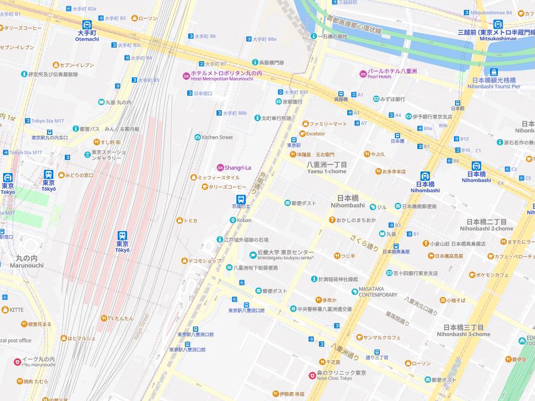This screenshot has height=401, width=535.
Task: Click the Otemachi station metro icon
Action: pyautogui.click(x=87, y=25)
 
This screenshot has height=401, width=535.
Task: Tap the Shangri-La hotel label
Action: pyautogui.click(x=237, y=167)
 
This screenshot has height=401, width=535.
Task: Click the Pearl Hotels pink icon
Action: pyautogui.click(x=363, y=73)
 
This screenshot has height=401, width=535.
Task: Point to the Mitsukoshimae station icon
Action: pyautogui.click(x=497, y=25)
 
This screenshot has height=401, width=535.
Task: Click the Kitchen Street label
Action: pyautogui.click(x=217, y=138)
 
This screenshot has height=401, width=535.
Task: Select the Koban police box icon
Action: pyautogui.click(x=233, y=220)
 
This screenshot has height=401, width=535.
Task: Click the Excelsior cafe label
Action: pyautogui.click(x=315, y=134)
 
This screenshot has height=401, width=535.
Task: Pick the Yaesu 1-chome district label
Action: pyautogui.click(x=327, y=168)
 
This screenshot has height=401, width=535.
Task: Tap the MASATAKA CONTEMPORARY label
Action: pyautogui.click(x=378, y=291)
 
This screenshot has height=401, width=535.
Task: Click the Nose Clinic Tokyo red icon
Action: pyautogui.click(x=312, y=375)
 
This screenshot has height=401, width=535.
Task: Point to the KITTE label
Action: pyautogui.click(x=16, y=310)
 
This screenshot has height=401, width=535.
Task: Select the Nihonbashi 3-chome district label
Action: pyautogui.click(x=463, y=330)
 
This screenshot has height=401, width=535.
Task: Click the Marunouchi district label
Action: pyautogui.click(x=26, y=261)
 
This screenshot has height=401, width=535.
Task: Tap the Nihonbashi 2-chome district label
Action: pyautogui.click(x=486, y=225)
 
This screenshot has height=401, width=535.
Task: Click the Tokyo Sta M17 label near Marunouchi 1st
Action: pyautogui.click(x=47, y=121)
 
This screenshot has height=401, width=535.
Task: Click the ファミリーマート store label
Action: pyautogui.click(x=328, y=124)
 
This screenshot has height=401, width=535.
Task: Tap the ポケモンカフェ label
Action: pyautogui.click(x=492, y=274)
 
